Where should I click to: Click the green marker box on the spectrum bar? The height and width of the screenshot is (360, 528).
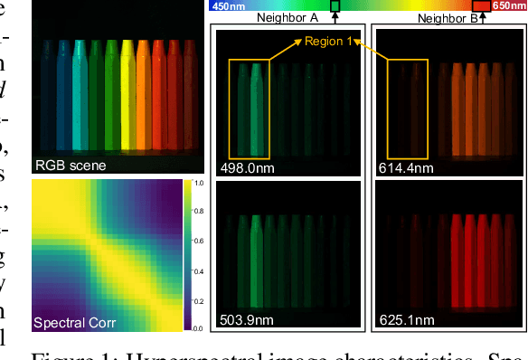click(x=335, y=6)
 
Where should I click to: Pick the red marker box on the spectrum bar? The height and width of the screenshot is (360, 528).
click(x=483, y=6)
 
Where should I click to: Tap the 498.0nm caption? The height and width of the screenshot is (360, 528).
click(x=246, y=166)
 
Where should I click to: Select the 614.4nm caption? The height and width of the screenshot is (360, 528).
click(x=403, y=166)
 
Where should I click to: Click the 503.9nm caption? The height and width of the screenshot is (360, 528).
click(x=246, y=318)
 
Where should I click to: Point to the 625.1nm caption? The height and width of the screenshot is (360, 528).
click(x=403, y=318)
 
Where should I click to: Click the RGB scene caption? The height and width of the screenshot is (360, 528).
click(x=71, y=166)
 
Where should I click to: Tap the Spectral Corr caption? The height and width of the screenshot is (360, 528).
click(x=76, y=322)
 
